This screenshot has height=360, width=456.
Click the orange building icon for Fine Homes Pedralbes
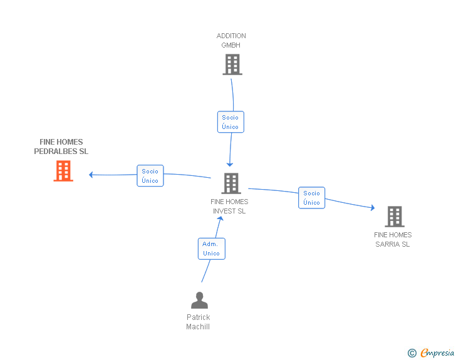(63, 171)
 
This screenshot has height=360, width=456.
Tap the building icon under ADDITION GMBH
(232, 64)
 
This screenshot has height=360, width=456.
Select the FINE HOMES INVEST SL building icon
(231, 183)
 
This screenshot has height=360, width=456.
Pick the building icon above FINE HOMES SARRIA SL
(395, 217)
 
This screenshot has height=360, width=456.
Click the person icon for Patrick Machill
(199, 300)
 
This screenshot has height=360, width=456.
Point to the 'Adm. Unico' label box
(212, 249)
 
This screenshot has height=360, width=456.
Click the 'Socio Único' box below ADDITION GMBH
(231, 122)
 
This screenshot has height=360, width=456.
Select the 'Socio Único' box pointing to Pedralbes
(150, 176)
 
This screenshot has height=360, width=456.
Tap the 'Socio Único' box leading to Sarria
(311, 198)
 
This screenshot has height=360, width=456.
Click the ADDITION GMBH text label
(231, 41)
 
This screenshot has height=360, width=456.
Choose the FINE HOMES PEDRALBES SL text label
(61, 147)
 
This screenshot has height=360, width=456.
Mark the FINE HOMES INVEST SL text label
(229, 207)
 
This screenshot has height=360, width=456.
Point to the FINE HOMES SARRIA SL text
(393, 240)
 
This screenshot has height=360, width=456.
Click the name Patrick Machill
(198, 322)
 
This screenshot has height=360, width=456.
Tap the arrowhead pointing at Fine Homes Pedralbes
(90, 175)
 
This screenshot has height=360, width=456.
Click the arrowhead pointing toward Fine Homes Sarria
(373, 208)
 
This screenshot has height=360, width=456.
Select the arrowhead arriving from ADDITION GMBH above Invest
(230, 165)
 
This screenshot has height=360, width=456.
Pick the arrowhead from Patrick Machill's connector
(220, 219)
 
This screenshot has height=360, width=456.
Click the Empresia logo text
(437, 352)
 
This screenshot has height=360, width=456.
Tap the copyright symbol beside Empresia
(412, 353)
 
